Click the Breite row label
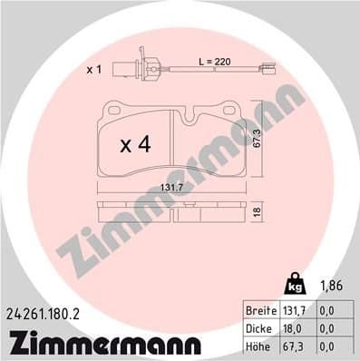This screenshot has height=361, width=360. tap(264, 310)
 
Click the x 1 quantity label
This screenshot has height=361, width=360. tap(93, 70)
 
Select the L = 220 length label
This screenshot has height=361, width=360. tap(215, 61)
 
